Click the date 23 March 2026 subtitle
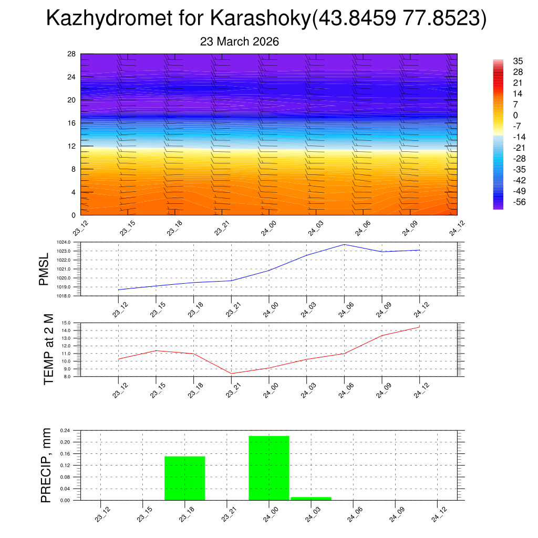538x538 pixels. [240, 42]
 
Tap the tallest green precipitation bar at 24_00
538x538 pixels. [268, 468]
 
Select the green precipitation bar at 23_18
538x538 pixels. [184, 478]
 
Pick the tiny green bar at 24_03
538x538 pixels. [311, 498]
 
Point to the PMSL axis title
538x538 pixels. [44, 269]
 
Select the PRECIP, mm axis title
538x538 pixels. [46, 465]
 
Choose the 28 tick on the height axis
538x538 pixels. [72, 54]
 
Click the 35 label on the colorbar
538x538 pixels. [518, 61]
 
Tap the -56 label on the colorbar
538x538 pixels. [519, 202]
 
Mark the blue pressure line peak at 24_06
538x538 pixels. [344, 244]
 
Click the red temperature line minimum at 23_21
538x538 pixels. [232, 374]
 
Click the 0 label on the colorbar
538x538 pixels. [515, 115]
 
